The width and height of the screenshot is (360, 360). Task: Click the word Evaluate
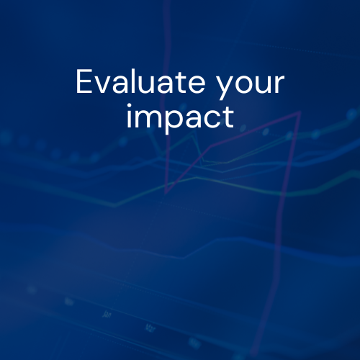(140, 81)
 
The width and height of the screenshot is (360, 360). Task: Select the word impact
(180, 118)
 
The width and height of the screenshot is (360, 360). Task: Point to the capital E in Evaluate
(84, 81)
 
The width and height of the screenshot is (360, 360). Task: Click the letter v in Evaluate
(102, 84)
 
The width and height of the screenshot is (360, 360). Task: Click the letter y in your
(225, 87)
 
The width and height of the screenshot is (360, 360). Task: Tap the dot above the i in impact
(129, 106)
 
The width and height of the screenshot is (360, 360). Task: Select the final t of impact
(229, 117)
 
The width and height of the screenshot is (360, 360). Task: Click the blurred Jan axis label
(107, 314)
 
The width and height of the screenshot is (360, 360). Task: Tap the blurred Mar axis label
(150, 328)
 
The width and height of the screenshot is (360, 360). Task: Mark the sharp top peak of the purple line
(300, 112)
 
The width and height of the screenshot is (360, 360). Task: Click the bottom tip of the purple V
(166, 192)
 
